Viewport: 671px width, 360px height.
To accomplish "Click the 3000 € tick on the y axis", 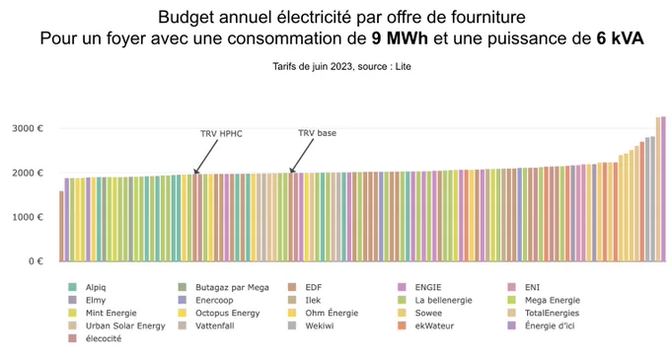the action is pos(28,128).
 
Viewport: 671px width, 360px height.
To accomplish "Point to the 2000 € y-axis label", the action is pos(28,173).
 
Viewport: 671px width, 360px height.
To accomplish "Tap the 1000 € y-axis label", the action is pos(28,217).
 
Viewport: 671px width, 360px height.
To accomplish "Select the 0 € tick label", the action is pos(36,261).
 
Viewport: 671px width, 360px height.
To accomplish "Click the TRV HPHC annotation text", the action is pos(221,134).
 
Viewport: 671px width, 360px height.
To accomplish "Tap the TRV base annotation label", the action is pos(317,133).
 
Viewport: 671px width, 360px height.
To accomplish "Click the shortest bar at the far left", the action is pos(61,226).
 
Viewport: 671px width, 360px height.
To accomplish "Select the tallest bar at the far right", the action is pos(663,189).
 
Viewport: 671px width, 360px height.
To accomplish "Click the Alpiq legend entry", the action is pos(87,287).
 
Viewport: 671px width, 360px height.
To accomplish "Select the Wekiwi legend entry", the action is pos(311,325).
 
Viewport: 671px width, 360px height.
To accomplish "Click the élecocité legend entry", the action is pos(95,338).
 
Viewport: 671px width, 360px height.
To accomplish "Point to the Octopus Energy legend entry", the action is pos(219,313).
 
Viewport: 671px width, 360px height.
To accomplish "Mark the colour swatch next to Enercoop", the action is pos(183,300).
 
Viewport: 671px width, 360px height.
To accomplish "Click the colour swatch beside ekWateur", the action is pos(402,325).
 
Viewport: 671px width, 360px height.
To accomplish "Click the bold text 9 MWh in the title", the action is pos(400,38).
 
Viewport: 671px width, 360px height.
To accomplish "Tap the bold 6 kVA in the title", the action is pos(620,38).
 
